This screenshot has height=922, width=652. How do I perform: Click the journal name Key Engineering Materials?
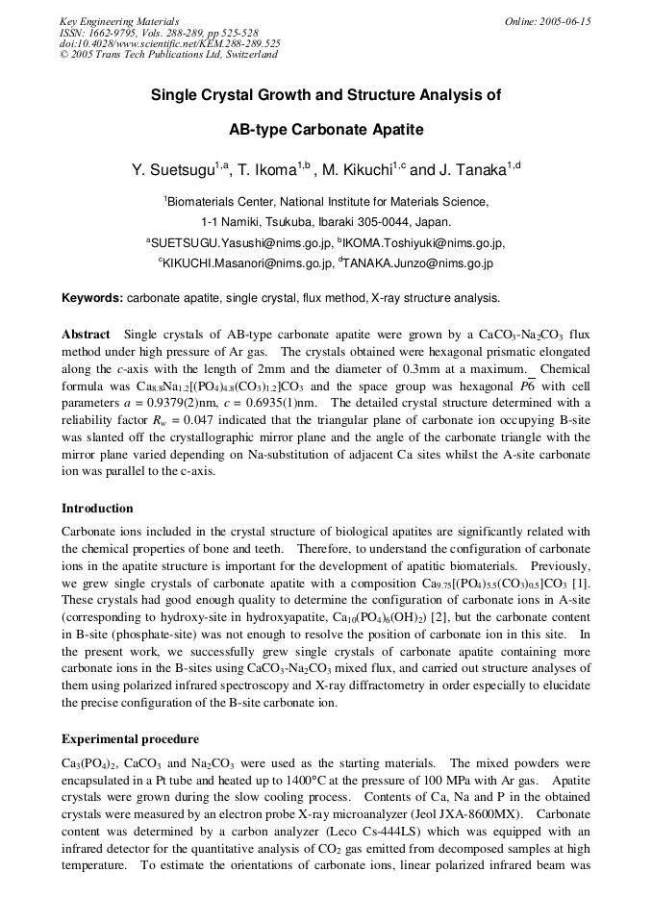tap(119, 21)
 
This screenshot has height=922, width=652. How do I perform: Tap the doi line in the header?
tap(169, 43)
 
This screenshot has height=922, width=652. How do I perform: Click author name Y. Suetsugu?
tap(173, 170)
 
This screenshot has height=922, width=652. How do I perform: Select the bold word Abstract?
tap(86, 335)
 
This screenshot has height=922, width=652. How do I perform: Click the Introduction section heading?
tap(97, 509)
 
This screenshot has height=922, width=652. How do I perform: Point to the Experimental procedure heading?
tap(130, 739)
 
